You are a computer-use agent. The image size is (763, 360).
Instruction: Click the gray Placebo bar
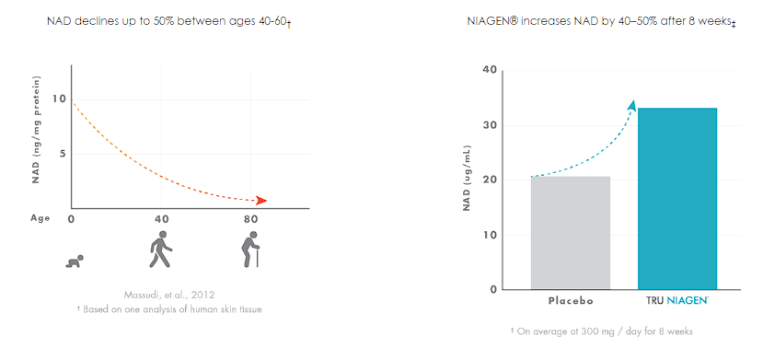(x=570, y=232)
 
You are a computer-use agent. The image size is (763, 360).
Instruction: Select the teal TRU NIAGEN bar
(x=676, y=198)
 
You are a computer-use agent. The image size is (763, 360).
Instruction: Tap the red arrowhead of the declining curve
(x=262, y=200)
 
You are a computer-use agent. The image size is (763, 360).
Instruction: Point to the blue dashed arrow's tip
(x=632, y=104)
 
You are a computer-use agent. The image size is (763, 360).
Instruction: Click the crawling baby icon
(x=75, y=262)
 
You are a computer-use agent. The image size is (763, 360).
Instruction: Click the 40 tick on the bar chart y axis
(x=491, y=70)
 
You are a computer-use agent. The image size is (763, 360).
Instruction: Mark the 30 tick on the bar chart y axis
(x=491, y=125)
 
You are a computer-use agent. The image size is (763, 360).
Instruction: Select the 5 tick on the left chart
(x=62, y=153)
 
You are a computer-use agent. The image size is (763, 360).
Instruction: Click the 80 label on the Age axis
(x=249, y=219)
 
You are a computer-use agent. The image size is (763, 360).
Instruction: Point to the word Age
(x=40, y=219)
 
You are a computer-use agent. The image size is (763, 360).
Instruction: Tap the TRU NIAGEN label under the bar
(x=676, y=301)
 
